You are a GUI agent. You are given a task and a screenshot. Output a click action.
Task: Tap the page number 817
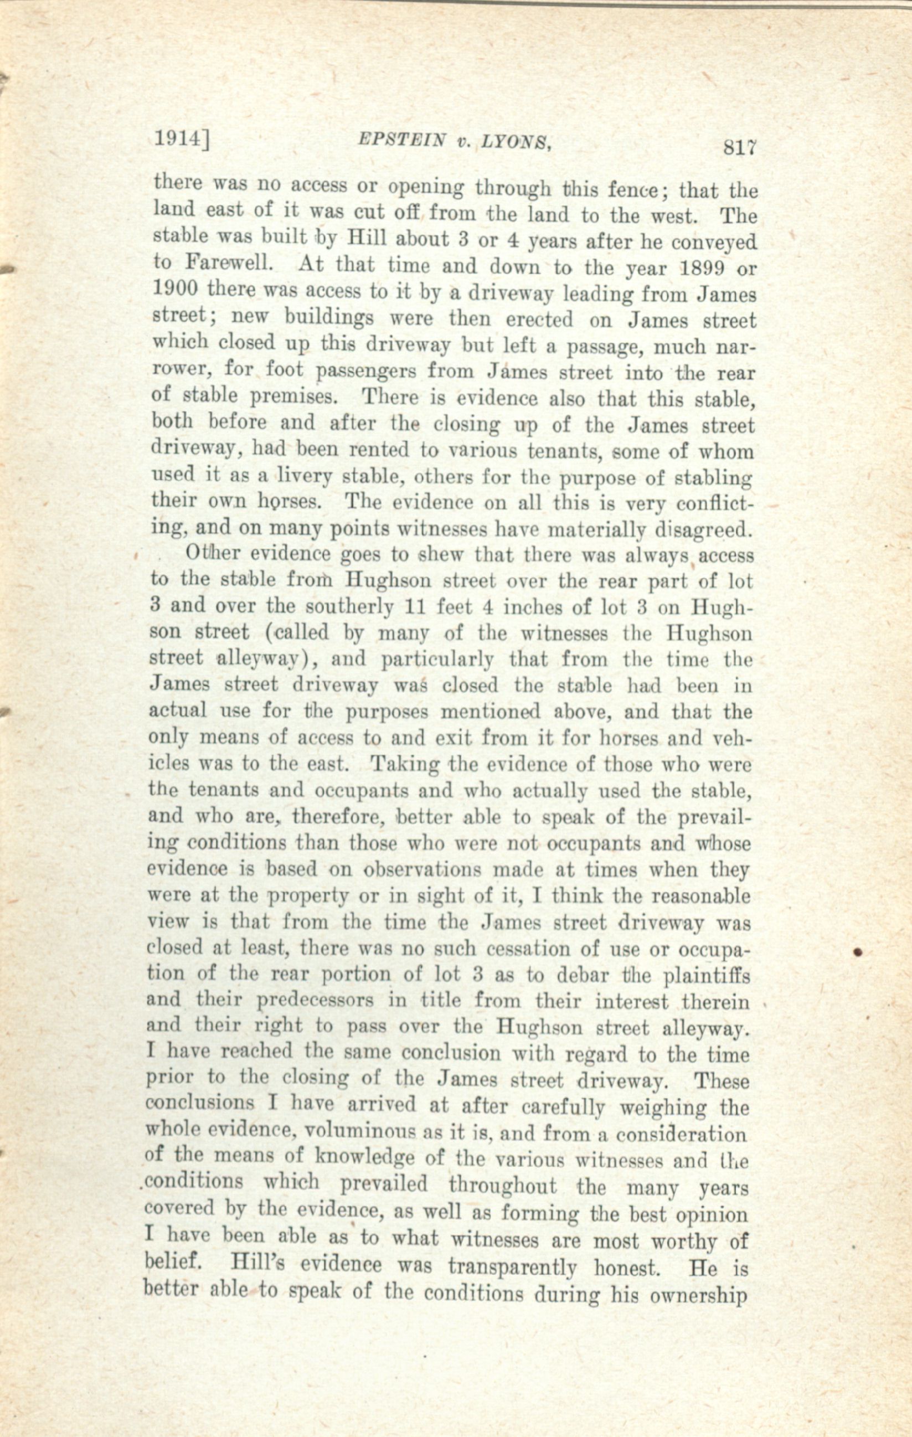pos(739,147)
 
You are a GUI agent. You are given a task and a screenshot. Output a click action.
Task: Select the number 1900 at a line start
pos(176,289)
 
